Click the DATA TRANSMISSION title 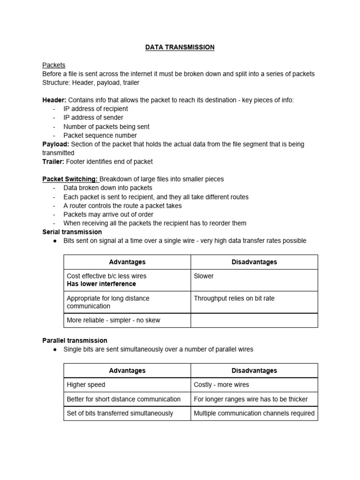coord(180,47)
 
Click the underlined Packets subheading coord(54,65)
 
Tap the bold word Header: coord(54,100)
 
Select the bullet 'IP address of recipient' coord(96,109)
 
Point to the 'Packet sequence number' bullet coord(100,135)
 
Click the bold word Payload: coord(56,144)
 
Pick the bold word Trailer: coord(53,162)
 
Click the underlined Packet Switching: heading coord(70,179)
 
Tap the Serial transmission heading coord(72,232)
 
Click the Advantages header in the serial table coord(127,262)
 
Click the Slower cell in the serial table coord(203,276)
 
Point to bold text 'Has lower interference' coord(101,284)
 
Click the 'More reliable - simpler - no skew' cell coord(113,320)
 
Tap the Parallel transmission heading coord(75,340)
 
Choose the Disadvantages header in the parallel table coord(254,370)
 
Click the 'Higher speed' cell coord(86,385)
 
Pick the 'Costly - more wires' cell coord(221,385)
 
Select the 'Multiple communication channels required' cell coord(254,413)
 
